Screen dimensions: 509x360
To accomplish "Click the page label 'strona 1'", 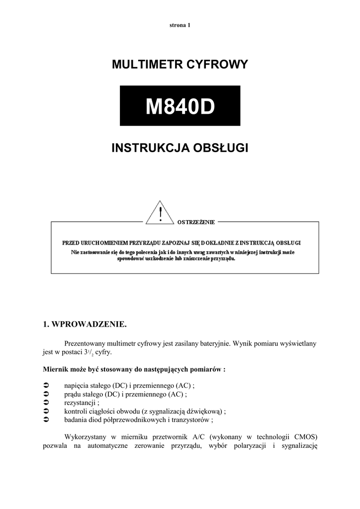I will click(180, 25).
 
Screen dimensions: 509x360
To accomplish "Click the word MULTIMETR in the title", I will click(148, 65).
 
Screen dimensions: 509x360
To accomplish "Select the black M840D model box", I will click(180, 106).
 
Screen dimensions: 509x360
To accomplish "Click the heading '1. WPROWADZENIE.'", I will click(86, 325).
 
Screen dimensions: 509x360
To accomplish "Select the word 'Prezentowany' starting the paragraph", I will click(86, 343).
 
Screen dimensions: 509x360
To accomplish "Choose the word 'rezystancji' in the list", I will click(80, 403).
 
